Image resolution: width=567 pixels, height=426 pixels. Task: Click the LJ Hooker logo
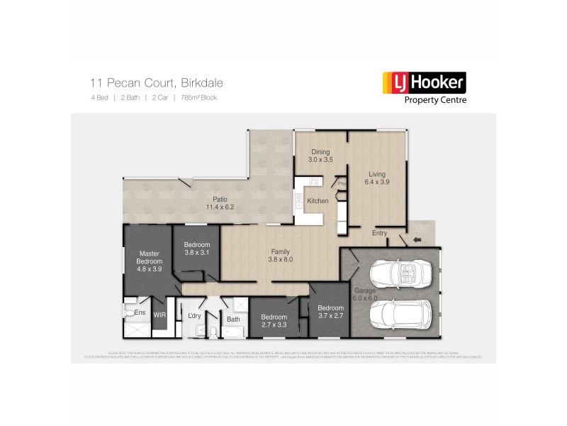[x=424, y=84]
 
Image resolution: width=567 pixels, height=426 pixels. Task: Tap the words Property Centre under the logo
[x=434, y=100]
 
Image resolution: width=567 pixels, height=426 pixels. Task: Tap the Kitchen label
[x=318, y=201]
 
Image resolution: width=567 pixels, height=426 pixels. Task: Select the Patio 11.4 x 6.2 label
[x=220, y=203]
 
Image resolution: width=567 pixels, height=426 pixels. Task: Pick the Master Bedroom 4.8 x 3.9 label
[x=149, y=261]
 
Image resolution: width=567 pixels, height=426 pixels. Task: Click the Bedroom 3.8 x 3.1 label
[x=197, y=248]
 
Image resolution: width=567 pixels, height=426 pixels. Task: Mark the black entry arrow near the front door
[x=416, y=239]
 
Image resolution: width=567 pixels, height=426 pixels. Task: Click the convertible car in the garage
[x=397, y=274]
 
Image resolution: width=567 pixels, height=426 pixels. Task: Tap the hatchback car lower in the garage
[x=398, y=315]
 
